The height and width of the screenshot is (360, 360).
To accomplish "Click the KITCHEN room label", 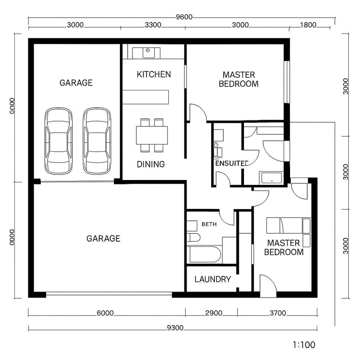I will (x=154, y=74).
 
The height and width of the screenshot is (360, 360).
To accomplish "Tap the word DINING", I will (x=151, y=164).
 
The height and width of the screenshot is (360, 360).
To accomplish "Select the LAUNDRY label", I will (x=212, y=279).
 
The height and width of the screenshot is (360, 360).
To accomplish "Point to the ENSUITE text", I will (x=232, y=163).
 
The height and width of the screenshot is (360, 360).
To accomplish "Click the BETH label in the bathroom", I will (x=209, y=224).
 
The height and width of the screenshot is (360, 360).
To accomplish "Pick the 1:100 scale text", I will (x=304, y=344).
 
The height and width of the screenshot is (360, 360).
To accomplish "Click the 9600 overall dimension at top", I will (x=184, y=17).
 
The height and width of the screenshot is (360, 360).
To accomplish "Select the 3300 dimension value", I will (x=153, y=25).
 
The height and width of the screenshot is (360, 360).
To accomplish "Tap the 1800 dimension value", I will (x=308, y=25).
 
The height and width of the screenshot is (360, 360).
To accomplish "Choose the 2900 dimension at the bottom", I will (x=213, y=313).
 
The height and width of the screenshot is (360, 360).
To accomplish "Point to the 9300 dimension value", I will (x=175, y=328).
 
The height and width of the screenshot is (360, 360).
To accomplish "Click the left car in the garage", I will (x=59, y=141).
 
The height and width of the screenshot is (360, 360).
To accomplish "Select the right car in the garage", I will (x=97, y=141).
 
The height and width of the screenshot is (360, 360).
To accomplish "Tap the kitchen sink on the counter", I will (x=148, y=51).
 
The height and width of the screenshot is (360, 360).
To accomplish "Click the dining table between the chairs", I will (x=152, y=135).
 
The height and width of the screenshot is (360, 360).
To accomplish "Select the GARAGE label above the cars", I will (x=76, y=83).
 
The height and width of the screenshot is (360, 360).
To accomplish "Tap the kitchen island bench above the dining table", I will (x=146, y=97).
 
